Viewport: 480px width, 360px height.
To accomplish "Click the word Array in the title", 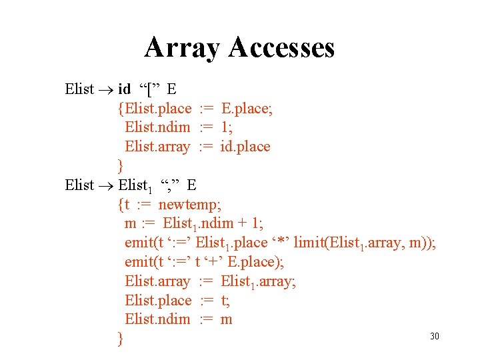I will pyautogui.click(x=182, y=48).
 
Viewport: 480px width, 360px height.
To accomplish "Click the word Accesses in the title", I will pyautogui.click(x=281, y=48).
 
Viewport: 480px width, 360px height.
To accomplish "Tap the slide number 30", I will pyautogui.click(x=435, y=336).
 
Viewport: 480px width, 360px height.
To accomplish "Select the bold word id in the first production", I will pyautogui.click(x=124, y=89).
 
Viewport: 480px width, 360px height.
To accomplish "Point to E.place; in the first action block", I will pyautogui.click(x=246, y=108).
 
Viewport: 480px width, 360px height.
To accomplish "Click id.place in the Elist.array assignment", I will pyautogui.click(x=245, y=146).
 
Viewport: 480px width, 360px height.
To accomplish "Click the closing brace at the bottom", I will pyautogui.click(x=120, y=339).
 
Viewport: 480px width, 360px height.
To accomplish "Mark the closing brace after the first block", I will pyautogui.click(x=120, y=165).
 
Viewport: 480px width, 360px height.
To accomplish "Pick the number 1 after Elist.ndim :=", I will pyautogui.click(x=225, y=127).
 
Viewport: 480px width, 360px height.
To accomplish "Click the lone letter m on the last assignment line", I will pyautogui.click(x=226, y=319).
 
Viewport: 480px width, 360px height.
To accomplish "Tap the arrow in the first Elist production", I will pyautogui.click(x=106, y=89).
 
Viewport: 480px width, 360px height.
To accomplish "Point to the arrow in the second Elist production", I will pyautogui.click(x=106, y=185).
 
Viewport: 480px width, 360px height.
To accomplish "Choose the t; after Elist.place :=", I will pyautogui.click(x=224, y=301).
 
